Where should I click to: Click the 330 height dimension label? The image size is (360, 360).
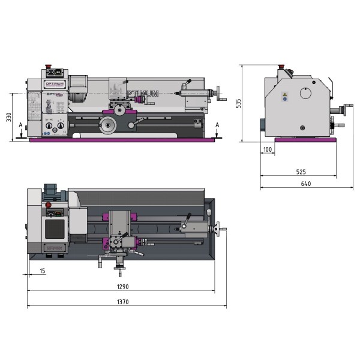pyautogui.click(x=9, y=117)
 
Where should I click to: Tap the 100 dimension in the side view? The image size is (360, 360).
pyautogui.click(x=268, y=149)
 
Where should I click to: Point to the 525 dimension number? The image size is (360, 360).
pyautogui.click(x=301, y=172)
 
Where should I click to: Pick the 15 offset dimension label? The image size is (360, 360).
pyautogui.click(x=42, y=271)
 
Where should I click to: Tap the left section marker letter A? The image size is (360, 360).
pyautogui.click(x=21, y=125)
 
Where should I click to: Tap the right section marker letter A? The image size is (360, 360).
pyautogui.click(x=217, y=124)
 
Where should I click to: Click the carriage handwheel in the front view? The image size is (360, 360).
pyautogui.click(x=108, y=125)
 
